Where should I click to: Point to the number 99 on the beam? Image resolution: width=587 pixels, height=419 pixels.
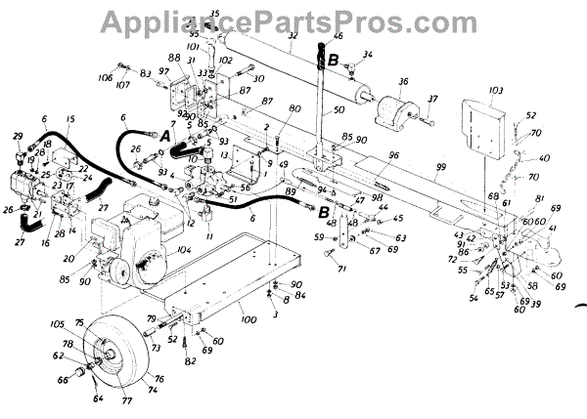(441, 168)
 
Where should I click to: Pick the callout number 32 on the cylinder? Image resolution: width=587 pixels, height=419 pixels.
(293, 35)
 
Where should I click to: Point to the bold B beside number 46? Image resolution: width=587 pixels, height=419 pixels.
(334, 59)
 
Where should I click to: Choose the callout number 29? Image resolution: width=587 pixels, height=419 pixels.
(17, 136)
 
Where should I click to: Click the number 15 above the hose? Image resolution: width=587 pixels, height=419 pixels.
(69, 119)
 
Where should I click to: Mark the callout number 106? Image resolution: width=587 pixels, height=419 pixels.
(107, 77)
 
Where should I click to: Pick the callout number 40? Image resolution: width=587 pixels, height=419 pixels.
(544, 157)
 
